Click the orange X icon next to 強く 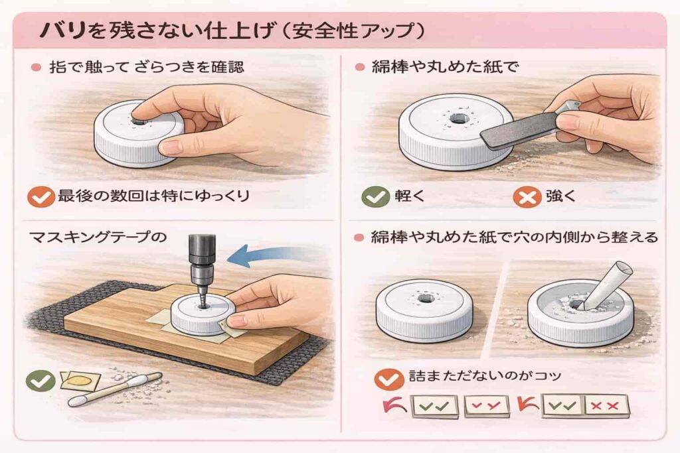(527, 198)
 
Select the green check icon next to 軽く (376, 197)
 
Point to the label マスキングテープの (98, 237)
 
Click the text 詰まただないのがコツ (485, 375)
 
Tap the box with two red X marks (606, 406)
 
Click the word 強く (560, 196)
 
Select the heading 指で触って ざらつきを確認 (147, 67)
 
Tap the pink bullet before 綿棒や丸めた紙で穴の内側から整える (359, 237)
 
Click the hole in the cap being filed (457, 118)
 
